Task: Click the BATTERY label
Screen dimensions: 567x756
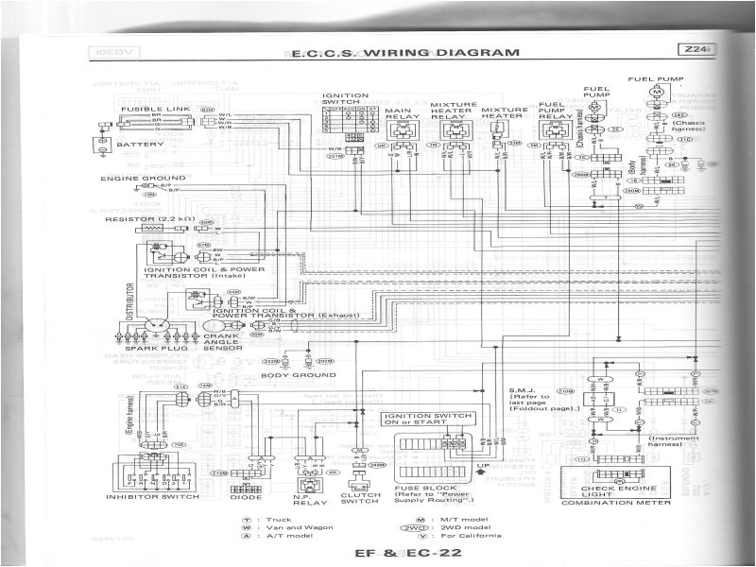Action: click(x=141, y=145)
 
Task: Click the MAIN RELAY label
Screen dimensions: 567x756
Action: click(x=402, y=114)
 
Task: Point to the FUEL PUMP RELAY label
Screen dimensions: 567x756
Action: click(x=552, y=114)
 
